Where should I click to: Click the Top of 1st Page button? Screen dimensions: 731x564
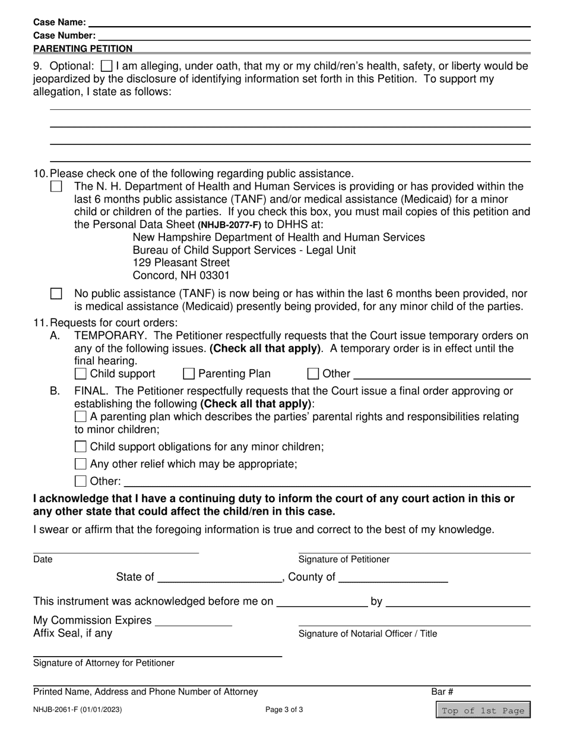[x=483, y=711]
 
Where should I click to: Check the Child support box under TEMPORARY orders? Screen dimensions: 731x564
[x=81, y=374]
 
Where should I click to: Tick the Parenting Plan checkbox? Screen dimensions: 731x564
[x=189, y=374]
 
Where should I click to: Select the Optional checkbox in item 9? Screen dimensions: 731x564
[x=107, y=66]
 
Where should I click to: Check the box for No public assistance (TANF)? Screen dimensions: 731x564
[x=56, y=294]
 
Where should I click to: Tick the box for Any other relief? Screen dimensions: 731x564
[x=81, y=464]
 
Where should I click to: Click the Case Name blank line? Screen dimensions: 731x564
[x=309, y=23]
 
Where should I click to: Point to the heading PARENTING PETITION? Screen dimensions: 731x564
[x=83, y=49]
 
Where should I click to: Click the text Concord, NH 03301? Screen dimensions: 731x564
[x=181, y=276]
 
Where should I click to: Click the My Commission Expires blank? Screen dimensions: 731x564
[x=193, y=620]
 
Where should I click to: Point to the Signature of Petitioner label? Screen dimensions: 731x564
[x=344, y=559]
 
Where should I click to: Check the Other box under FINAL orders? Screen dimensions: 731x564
[x=81, y=481]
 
